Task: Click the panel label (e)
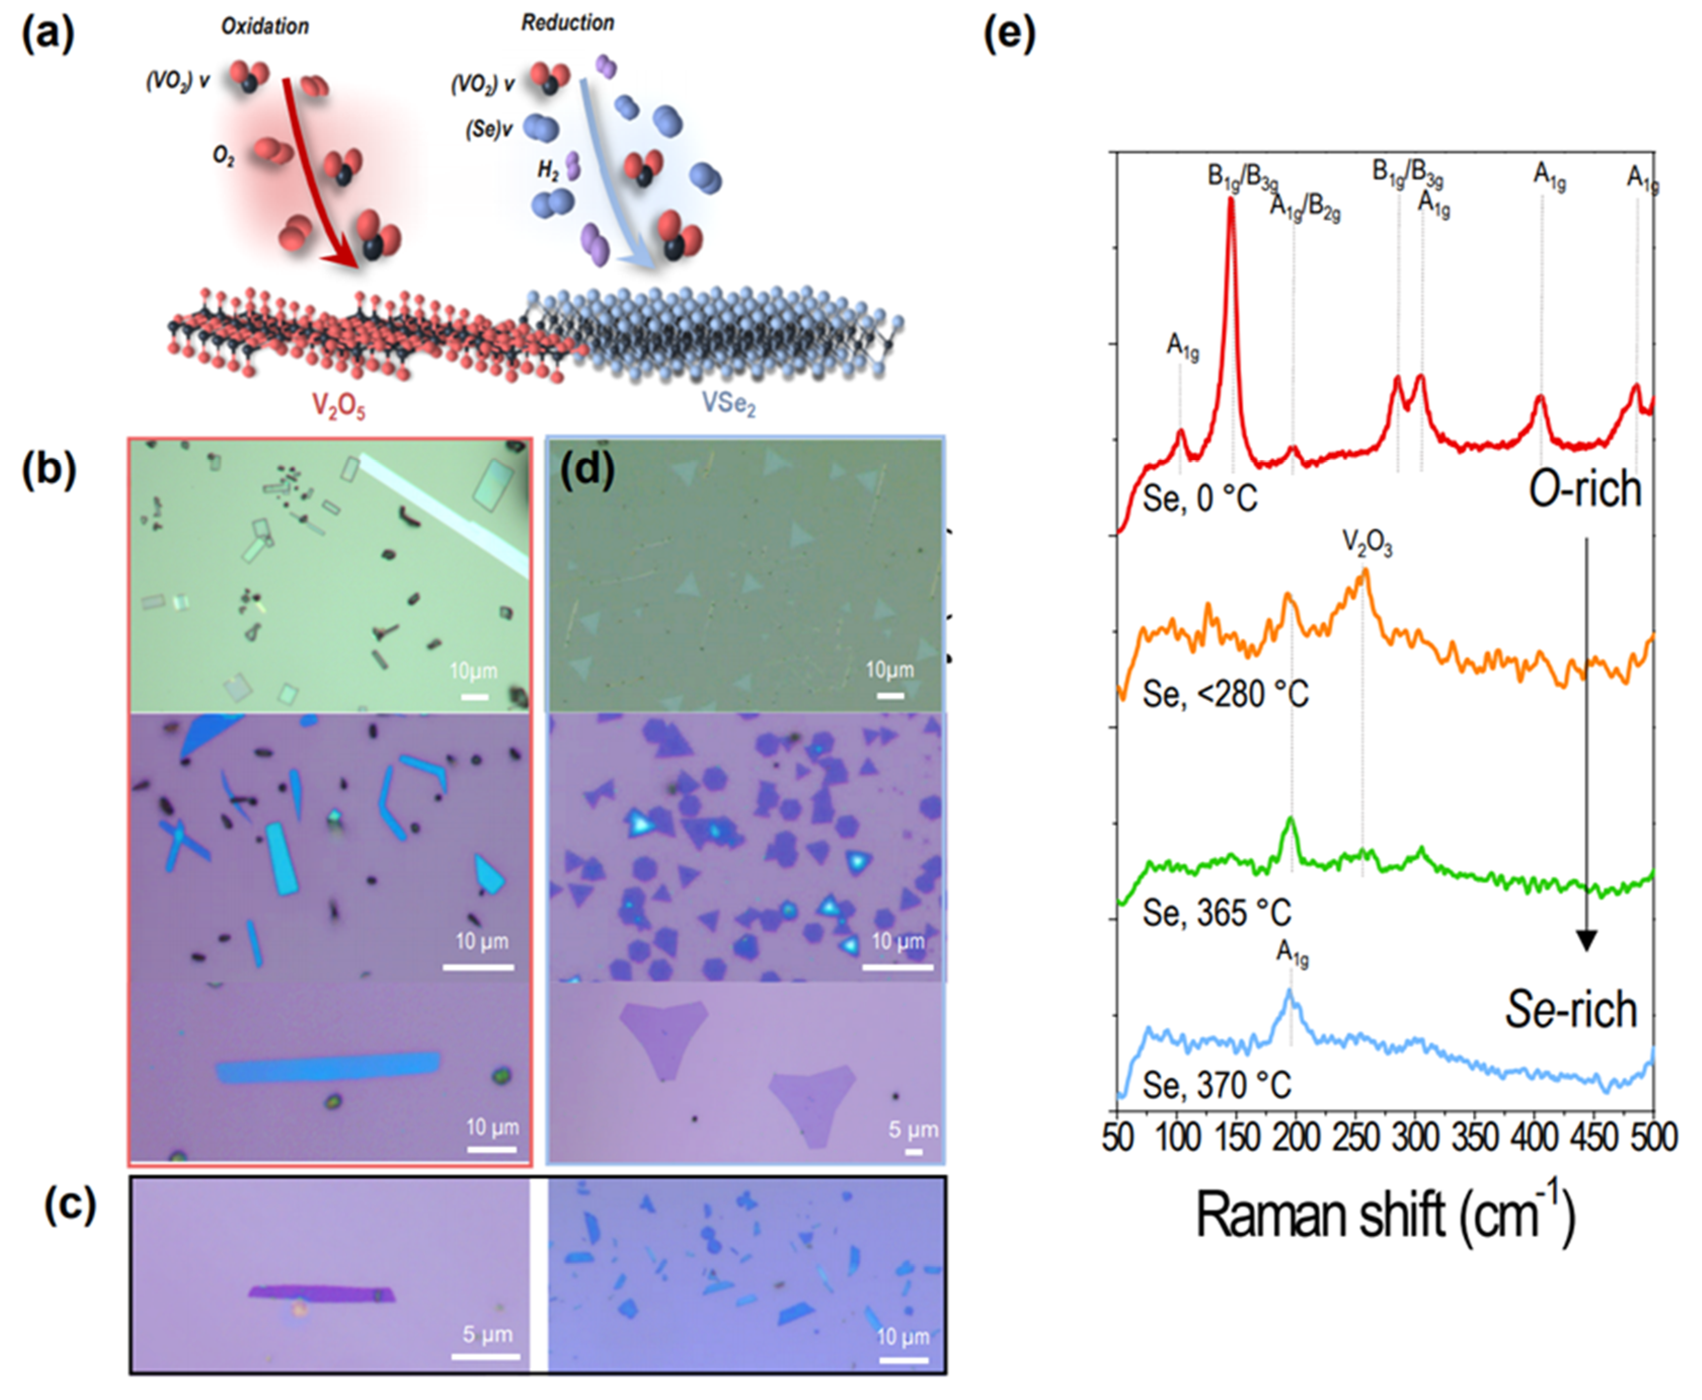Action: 1009,34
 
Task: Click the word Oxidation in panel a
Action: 264,27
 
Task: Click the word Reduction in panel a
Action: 567,23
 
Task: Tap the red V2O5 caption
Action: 339,406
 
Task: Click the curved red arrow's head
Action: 343,260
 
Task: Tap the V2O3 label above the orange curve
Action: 1367,545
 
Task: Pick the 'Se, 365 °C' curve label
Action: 1216,913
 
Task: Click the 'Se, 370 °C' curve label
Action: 1216,1084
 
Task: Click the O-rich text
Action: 1585,489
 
